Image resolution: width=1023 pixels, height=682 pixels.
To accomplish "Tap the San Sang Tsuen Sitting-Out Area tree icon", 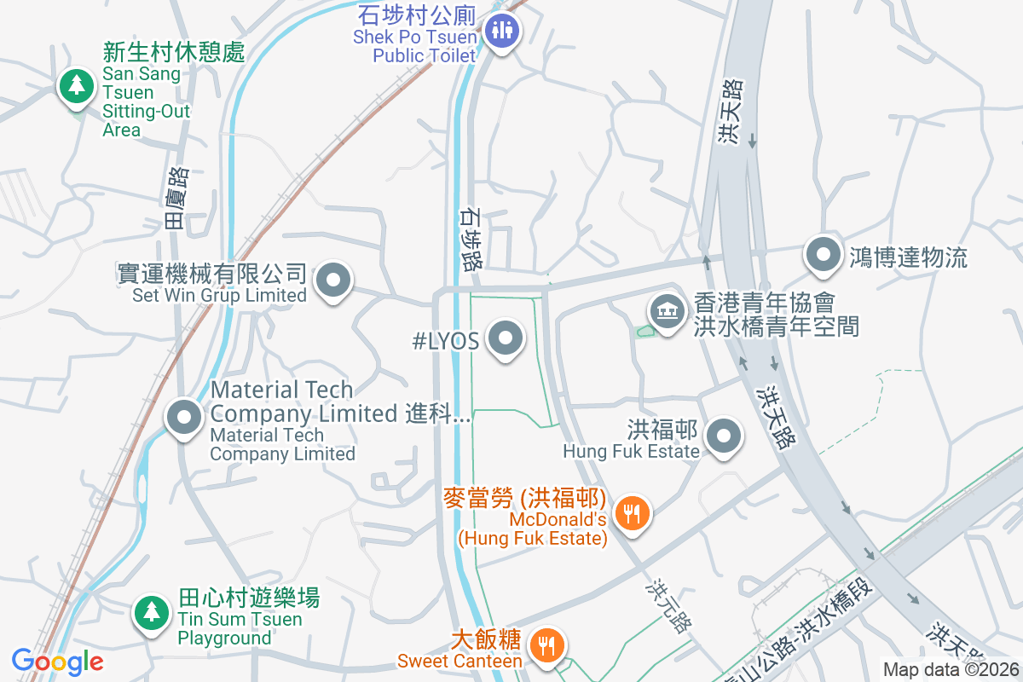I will [x=77, y=85].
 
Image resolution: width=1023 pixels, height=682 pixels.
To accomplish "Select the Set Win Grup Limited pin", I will [x=333, y=280].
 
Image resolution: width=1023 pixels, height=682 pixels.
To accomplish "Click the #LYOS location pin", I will [x=506, y=338].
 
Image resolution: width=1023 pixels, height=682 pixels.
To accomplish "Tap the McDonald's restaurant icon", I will [x=632, y=512].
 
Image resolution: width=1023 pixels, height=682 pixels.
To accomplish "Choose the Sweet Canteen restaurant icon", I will [x=545, y=644].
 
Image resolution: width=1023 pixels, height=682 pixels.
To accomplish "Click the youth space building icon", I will [x=668, y=311].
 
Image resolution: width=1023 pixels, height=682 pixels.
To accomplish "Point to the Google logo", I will [x=57, y=662].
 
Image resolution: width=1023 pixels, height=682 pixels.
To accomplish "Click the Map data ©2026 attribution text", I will [x=951, y=669].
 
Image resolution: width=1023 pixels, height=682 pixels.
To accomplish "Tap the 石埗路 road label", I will [x=470, y=240].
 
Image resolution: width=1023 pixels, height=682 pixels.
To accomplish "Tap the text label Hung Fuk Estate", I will [x=631, y=451].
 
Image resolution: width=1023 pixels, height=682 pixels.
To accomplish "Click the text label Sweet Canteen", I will [x=459, y=661].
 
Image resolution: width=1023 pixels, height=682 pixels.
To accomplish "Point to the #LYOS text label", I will [x=445, y=341].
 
